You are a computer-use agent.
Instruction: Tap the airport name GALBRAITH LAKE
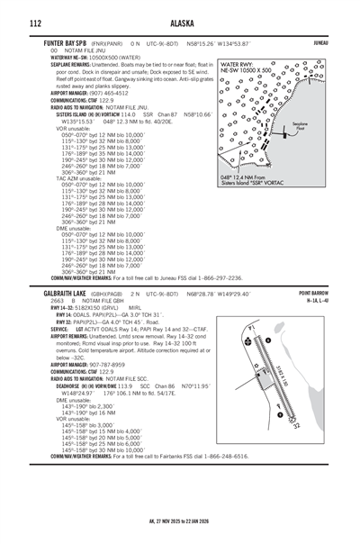point(67,295)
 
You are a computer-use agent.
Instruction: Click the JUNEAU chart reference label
point(340,42)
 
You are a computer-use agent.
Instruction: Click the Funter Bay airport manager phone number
point(123,92)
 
